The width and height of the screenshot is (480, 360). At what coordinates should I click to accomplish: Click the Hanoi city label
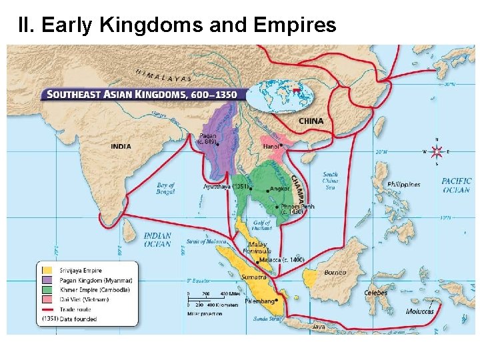[271, 146]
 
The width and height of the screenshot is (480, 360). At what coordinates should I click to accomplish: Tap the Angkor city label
[280, 189]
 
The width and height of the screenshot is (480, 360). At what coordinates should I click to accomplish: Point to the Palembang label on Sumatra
[261, 301]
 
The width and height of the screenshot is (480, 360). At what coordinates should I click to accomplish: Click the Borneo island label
[335, 272]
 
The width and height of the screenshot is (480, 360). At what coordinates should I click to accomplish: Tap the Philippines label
[404, 184]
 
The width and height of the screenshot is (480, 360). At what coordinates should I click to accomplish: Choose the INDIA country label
[121, 145]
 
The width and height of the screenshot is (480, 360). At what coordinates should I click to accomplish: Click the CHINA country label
[311, 121]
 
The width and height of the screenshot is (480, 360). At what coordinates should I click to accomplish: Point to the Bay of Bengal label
[165, 189]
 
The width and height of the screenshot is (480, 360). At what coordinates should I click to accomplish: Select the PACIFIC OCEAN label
[456, 185]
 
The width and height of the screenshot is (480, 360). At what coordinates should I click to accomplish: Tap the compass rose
[436, 151]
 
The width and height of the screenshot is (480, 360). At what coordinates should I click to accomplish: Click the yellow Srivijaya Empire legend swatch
[47, 270]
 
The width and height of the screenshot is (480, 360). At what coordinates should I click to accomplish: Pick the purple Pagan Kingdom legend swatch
[47, 280]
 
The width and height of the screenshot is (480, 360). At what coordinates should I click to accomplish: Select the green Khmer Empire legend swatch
[47, 289]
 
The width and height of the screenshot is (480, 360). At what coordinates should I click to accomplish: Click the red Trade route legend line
[47, 309]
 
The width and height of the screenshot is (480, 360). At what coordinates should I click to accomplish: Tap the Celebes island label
[376, 293]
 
